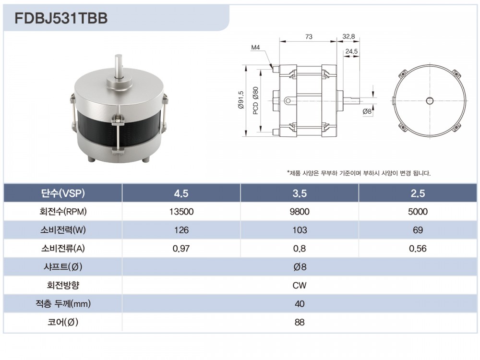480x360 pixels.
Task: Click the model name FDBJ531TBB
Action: tap(61, 18)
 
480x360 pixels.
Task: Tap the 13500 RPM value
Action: tap(181, 212)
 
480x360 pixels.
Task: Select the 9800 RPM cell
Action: tap(300, 212)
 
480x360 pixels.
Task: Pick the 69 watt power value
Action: tap(418, 230)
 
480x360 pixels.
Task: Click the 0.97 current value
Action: tap(181, 248)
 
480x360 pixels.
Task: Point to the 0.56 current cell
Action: tap(418, 248)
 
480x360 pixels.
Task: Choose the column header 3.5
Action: tap(300, 193)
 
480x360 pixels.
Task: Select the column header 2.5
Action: tap(418, 193)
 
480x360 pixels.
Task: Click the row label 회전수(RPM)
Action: tap(63, 212)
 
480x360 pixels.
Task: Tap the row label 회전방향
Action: tap(63, 285)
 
